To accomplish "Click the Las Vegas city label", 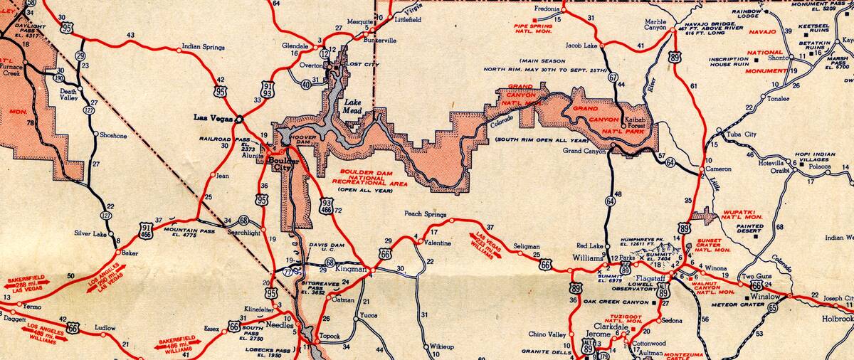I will coord(213,117).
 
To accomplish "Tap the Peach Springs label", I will coord(425,214).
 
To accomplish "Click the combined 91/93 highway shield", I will coord(268,88).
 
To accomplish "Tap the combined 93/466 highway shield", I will coord(326,206).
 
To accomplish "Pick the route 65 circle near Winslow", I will coord(774,308).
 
